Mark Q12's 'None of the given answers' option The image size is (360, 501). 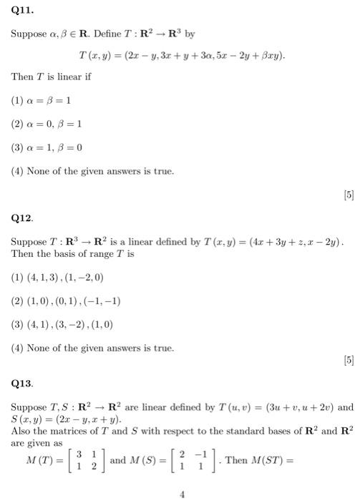pyautogui.click(x=92, y=348)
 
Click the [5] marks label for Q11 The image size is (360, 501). pyautogui.click(x=349, y=193)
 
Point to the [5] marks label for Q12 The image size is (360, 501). pyautogui.click(x=349, y=361)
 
